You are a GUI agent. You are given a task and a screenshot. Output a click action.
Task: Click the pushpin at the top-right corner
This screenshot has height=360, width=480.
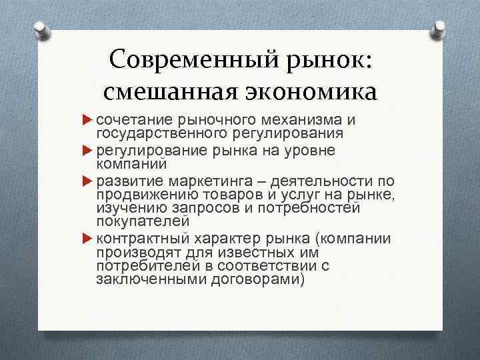point(439,30)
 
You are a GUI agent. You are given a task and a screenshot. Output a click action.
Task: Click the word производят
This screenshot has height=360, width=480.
point(133,253)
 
